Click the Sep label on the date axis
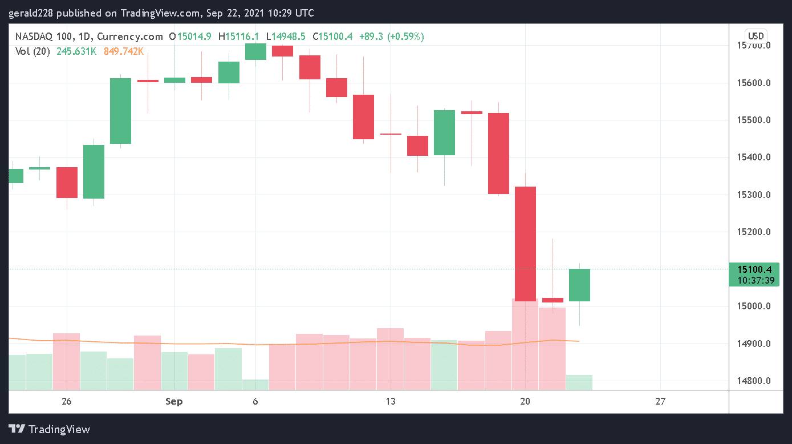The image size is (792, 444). pos(174,401)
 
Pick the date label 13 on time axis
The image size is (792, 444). pos(391,401)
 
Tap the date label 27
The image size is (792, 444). pos(660,401)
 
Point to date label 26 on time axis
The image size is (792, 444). pos(67,401)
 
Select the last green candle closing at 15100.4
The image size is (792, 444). pos(579,285)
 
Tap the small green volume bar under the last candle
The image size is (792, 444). pos(579,382)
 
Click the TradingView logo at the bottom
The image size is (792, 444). pos(50,429)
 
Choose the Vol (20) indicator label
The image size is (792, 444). pos(33,51)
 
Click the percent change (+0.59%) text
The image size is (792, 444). pos(405,37)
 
